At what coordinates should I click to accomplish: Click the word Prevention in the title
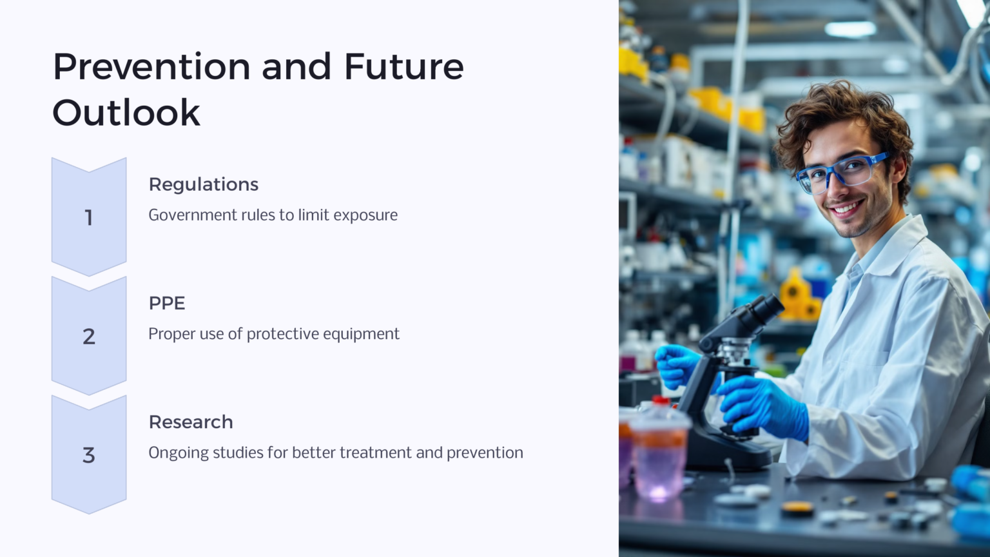pos(152,67)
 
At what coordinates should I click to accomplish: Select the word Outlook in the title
pos(126,113)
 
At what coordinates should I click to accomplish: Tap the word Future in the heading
pos(403,67)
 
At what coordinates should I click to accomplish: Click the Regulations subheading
pos(203,184)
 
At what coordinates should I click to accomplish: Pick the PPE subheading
pos(167,303)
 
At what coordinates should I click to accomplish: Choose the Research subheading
pos(191,422)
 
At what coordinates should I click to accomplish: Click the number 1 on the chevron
pos(89,218)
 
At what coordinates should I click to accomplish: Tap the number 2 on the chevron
pos(89,337)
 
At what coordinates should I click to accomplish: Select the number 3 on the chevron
pos(89,455)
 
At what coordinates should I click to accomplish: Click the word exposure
pos(365,215)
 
